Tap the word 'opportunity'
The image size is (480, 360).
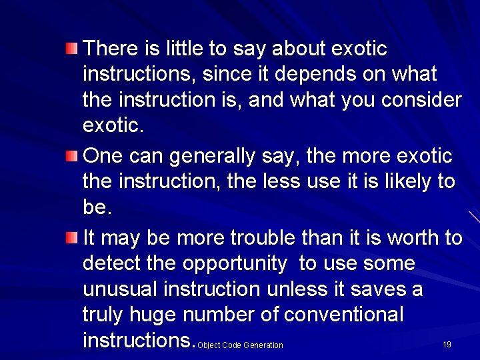234,264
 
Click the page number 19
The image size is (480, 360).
447,345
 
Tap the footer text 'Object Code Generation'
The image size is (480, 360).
241,345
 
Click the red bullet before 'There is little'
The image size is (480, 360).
71,47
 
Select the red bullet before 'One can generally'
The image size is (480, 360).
71,156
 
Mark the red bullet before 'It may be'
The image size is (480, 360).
71,237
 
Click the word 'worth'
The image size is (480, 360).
415,238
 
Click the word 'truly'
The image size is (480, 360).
103,315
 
